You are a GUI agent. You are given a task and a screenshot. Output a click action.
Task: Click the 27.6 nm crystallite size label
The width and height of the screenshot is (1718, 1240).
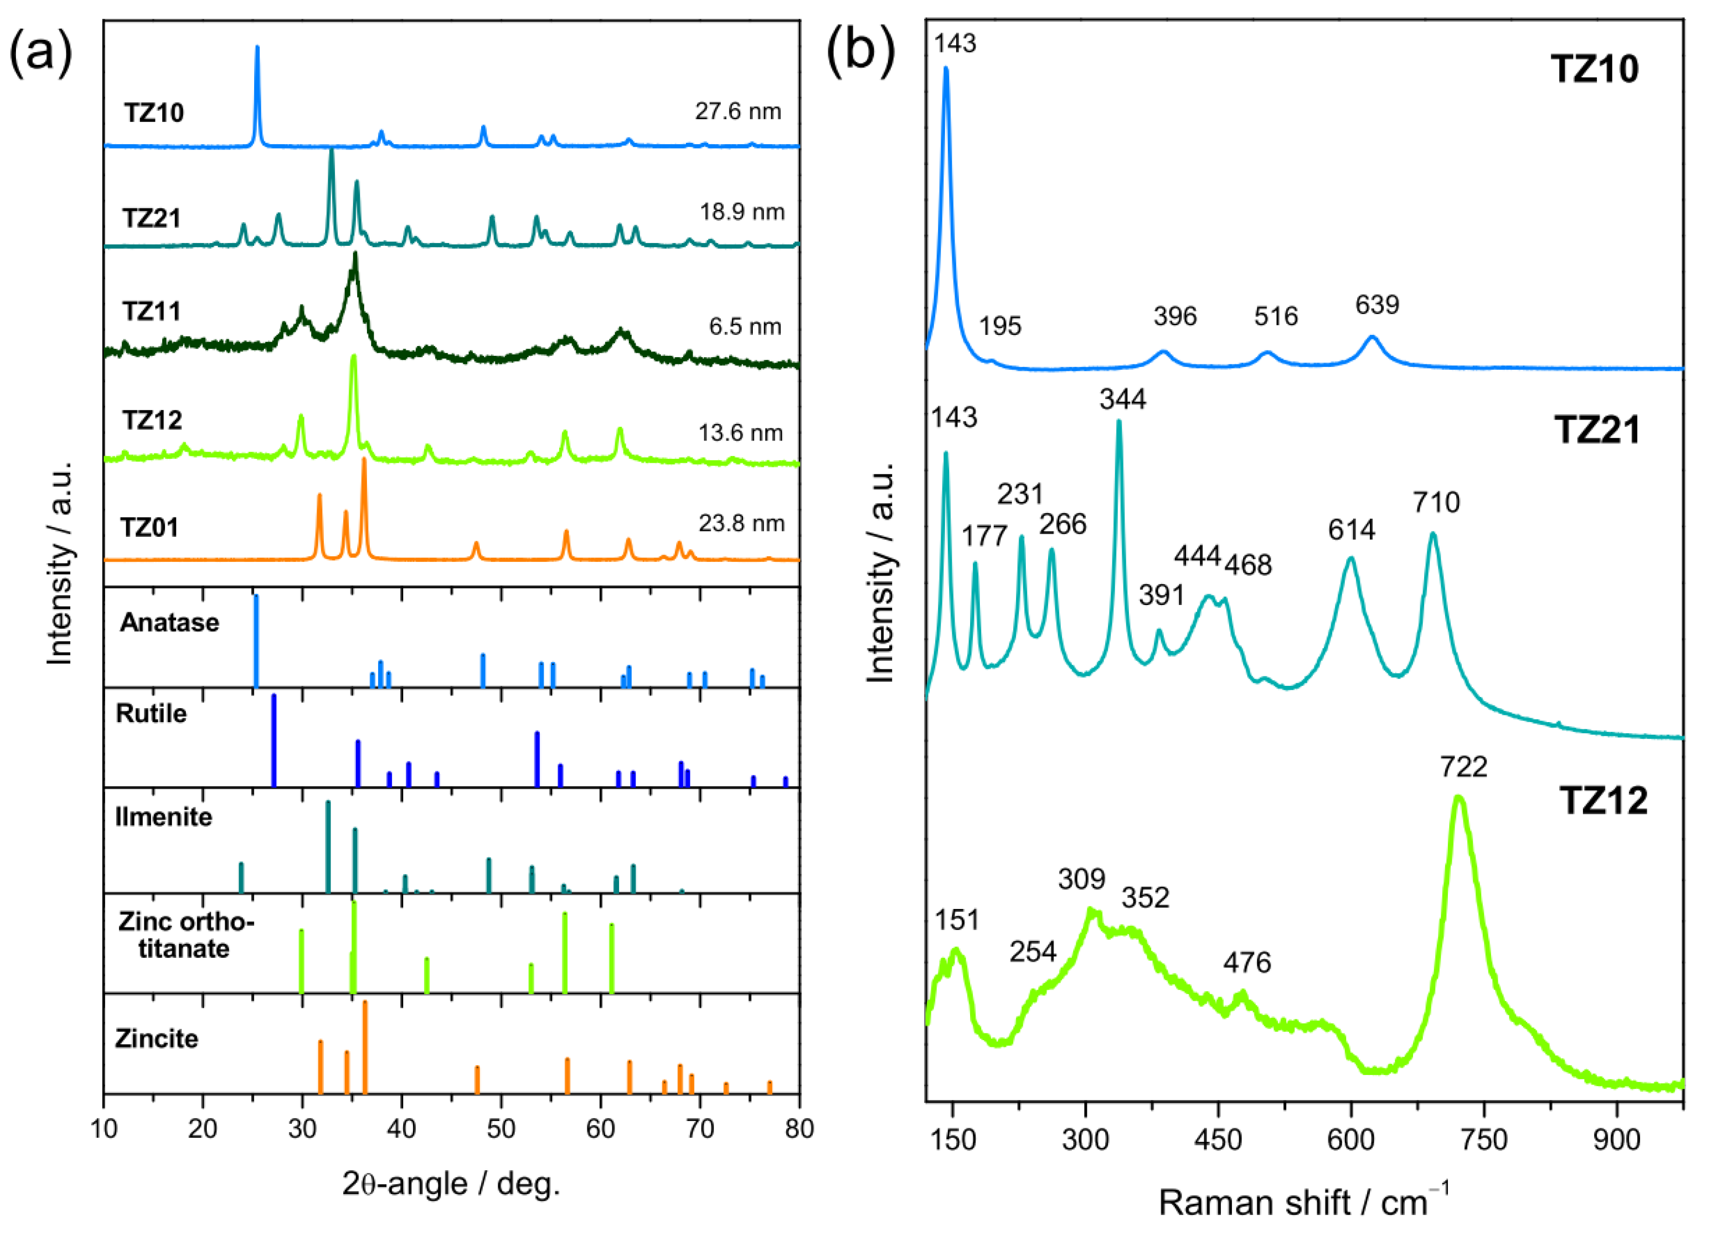[737, 111]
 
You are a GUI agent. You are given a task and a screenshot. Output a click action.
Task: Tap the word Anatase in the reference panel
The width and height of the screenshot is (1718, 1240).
[170, 622]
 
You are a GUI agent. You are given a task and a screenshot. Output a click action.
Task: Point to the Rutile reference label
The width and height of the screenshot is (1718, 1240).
[152, 713]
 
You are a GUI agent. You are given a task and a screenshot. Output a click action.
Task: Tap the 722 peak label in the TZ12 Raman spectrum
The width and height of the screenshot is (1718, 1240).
[1463, 767]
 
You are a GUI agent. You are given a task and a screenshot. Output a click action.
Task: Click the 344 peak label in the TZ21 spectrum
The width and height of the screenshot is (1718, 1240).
[1123, 399]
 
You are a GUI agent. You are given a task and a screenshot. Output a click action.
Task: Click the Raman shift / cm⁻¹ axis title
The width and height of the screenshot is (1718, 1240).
[1303, 1203]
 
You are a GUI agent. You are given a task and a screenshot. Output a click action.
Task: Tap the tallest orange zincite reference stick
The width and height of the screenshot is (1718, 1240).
[365, 1046]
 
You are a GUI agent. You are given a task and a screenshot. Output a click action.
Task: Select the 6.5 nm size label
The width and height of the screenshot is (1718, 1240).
[745, 327]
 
